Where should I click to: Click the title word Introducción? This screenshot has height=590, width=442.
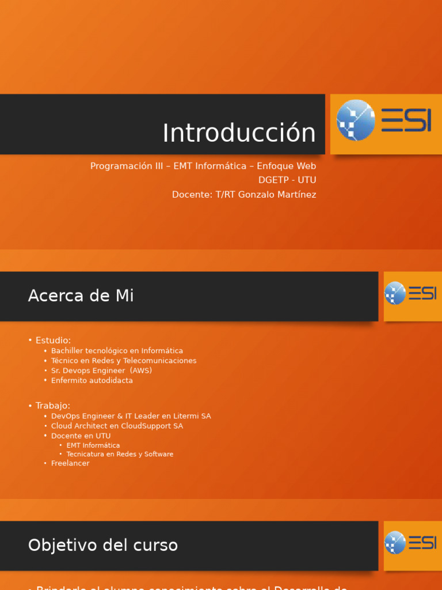[239, 133]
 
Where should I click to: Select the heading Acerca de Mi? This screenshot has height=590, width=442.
[81, 296]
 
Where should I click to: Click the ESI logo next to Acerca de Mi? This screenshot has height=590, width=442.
[410, 294]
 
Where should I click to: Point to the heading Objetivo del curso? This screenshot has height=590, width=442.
[102, 545]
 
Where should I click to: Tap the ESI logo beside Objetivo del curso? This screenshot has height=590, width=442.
[410, 543]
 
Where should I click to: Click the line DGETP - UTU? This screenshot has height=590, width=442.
[287, 180]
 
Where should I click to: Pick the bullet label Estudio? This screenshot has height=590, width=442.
[53, 341]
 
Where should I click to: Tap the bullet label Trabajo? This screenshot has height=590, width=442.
[53, 406]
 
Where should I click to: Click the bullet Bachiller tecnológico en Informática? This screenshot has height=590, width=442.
[117, 351]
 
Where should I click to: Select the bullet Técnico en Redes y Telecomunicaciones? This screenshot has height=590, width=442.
[124, 361]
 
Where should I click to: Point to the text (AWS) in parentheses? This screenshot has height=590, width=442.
[140, 370]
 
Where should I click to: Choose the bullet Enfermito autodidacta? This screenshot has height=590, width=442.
[92, 380]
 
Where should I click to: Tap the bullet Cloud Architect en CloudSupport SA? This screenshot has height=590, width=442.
[117, 426]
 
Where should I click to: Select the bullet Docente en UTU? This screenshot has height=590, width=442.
[81, 436]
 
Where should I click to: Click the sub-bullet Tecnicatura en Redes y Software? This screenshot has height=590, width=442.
[120, 454]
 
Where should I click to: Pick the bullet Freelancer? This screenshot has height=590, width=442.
[70, 463]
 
